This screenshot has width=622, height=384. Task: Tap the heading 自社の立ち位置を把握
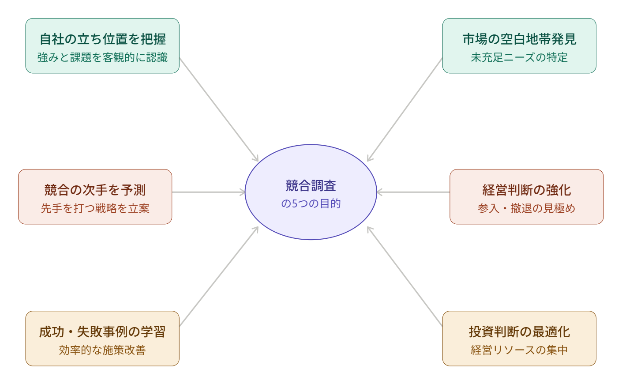pyautogui.click(x=102, y=39)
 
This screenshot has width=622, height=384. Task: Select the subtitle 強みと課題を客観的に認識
pyautogui.click(x=102, y=57)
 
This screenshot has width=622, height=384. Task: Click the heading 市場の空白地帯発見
pyautogui.click(x=519, y=39)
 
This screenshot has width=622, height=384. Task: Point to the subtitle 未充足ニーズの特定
pyautogui.click(x=519, y=57)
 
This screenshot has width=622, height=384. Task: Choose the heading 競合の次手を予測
pyautogui.click(x=95, y=190)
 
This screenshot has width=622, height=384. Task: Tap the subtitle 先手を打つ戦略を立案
pyautogui.click(x=95, y=208)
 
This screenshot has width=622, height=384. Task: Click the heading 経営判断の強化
pyautogui.click(x=527, y=190)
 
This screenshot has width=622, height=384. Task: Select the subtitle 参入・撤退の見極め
pyautogui.click(x=527, y=208)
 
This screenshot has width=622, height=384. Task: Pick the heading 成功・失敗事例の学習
pyautogui.click(x=102, y=332)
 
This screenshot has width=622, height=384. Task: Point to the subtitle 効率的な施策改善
pyautogui.click(x=102, y=350)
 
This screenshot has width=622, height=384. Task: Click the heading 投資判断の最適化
pyautogui.click(x=519, y=332)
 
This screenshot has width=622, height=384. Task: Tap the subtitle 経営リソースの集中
pyautogui.click(x=519, y=350)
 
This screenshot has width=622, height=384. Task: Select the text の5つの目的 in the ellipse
pyautogui.click(x=311, y=203)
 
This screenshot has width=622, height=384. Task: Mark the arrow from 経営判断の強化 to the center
pyautogui.click(x=413, y=192)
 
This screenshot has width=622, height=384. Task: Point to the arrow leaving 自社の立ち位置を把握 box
pyautogui.click(x=219, y=109)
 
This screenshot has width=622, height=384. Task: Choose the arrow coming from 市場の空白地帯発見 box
pyautogui.click(x=405, y=109)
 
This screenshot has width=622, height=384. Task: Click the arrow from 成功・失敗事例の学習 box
pyautogui.click(x=219, y=276)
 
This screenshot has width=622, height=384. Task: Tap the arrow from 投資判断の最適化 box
pyautogui.click(x=405, y=276)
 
